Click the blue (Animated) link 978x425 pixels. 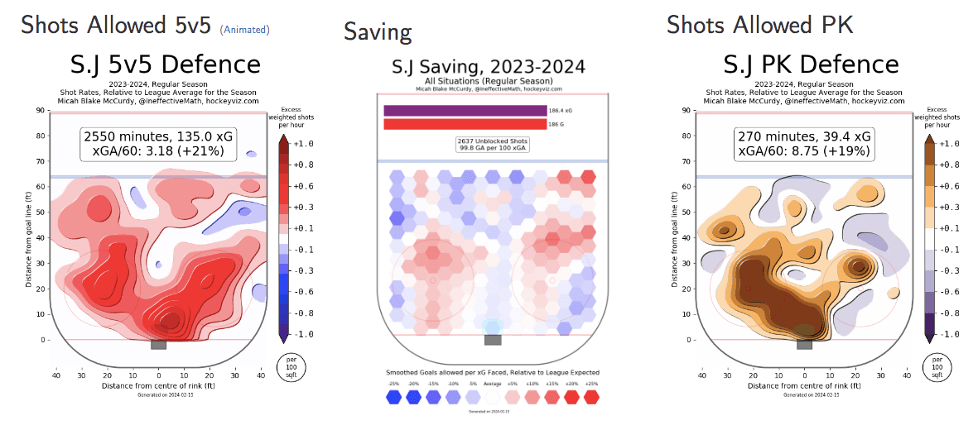(244, 30)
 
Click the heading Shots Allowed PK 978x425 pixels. (759, 25)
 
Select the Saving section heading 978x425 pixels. (378, 32)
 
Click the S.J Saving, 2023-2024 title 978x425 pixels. (489, 66)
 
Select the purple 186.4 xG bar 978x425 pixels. (465, 110)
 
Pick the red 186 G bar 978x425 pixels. (465, 124)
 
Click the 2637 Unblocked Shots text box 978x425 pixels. (493, 145)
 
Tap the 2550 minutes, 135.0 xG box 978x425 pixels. (158, 143)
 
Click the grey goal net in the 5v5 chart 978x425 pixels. (158, 344)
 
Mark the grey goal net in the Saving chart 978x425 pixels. (493, 339)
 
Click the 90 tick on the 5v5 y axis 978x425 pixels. (40, 111)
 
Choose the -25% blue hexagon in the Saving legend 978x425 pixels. (393, 396)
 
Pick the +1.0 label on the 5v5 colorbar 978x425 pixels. (301, 144)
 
